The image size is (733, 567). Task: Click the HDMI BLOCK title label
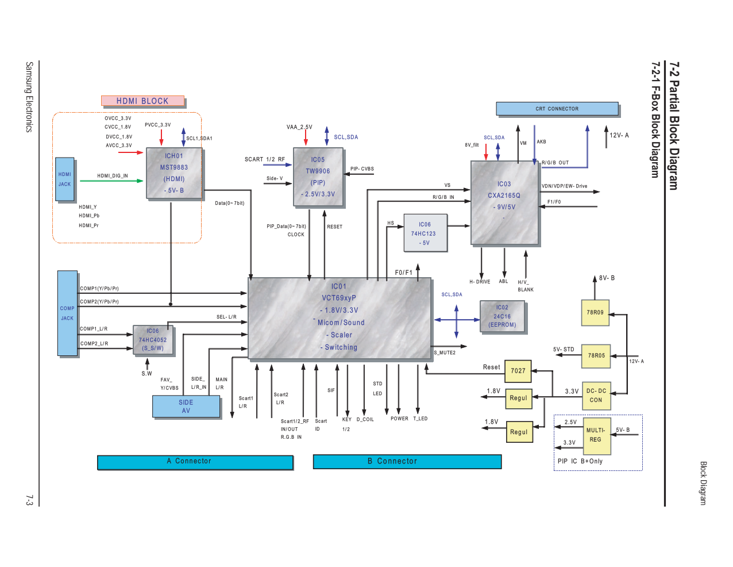142,101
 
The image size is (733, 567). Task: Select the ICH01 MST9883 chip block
174,173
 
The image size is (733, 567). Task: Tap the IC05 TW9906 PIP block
318,177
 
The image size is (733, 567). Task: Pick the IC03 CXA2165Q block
504,202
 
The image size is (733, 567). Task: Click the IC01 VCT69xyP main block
340,318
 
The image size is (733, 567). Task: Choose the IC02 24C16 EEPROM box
502,316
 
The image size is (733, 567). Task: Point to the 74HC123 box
425,233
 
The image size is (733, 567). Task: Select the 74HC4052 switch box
152,340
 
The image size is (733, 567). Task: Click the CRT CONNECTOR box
557,109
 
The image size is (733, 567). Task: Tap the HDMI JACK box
64,179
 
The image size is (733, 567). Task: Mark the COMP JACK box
67,313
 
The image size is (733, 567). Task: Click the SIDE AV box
186,407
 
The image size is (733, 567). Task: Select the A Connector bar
195,462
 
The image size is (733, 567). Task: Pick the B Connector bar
407,461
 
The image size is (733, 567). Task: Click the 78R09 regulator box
595,312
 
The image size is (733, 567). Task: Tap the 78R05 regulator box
596,355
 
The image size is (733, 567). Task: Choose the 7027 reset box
518,371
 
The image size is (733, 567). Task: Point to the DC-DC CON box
596,395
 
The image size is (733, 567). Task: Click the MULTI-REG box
596,435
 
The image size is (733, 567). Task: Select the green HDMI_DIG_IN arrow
111,181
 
